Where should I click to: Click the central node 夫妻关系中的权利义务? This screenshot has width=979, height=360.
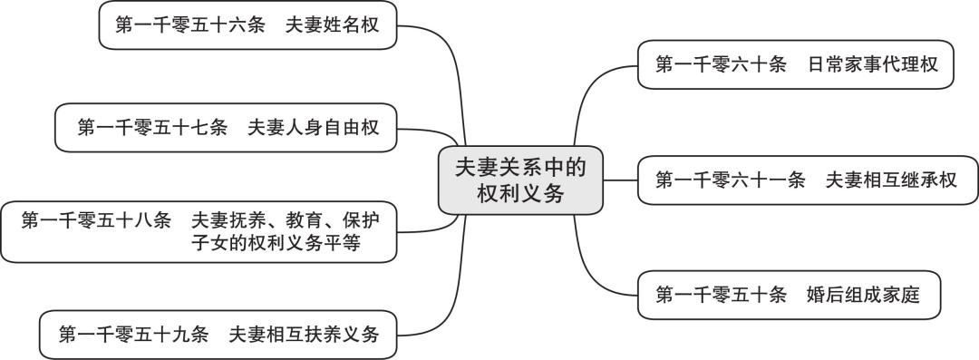click(x=520, y=180)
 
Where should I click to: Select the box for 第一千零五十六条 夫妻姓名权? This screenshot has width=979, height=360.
click(x=247, y=26)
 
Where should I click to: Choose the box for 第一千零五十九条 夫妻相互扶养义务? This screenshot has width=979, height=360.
click(x=218, y=335)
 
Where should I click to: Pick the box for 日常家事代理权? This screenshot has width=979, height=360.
click(x=795, y=64)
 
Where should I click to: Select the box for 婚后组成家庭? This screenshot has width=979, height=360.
click(x=786, y=295)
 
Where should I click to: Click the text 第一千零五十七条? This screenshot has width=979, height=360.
click(x=152, y=128)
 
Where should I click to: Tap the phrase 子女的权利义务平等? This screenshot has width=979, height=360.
click(x=281, y=244)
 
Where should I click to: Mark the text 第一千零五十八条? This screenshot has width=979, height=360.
click(x=96, y=219)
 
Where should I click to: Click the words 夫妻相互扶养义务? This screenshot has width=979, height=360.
click(x=303, y=335)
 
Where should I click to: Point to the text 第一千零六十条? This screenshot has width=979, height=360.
click(x=721, y=64)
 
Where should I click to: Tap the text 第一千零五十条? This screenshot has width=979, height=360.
click(x=721, y=295)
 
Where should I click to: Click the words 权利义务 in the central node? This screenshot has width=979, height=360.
click(x=520, y=193)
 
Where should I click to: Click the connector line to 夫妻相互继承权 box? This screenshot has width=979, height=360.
click(x=620, y=180)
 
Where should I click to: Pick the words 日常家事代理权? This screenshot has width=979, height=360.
click(x=872, y=64)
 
